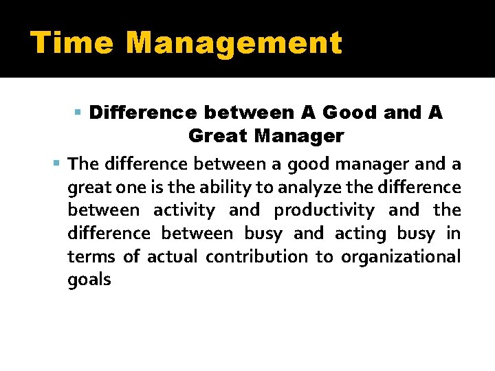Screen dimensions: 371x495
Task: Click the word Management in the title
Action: click(234, 43)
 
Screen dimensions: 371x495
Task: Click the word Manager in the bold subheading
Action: click(299, 136)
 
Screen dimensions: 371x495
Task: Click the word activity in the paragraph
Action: click(184, 210)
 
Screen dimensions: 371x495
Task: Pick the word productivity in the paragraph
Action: click(324, 210)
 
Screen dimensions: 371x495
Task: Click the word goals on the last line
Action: click(89, 280)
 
